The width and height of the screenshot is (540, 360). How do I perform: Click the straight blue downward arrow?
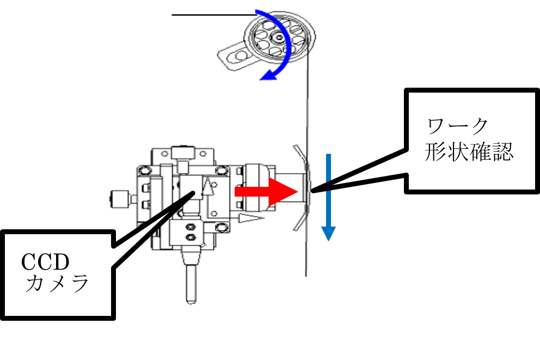[327, 196]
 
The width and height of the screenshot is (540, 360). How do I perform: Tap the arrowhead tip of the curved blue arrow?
[262, 78]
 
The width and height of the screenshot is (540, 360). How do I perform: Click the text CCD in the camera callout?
[46, 263]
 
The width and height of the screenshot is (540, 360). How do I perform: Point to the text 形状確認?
[468, 152]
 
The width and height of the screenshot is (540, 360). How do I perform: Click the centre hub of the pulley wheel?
[280, 38]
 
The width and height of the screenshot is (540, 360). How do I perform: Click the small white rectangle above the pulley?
[242, 7]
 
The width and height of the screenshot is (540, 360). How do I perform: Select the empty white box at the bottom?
[329, 318]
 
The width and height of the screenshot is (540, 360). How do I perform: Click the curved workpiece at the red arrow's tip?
[303, 188]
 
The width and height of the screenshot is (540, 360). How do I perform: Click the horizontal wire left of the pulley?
[201, 15]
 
